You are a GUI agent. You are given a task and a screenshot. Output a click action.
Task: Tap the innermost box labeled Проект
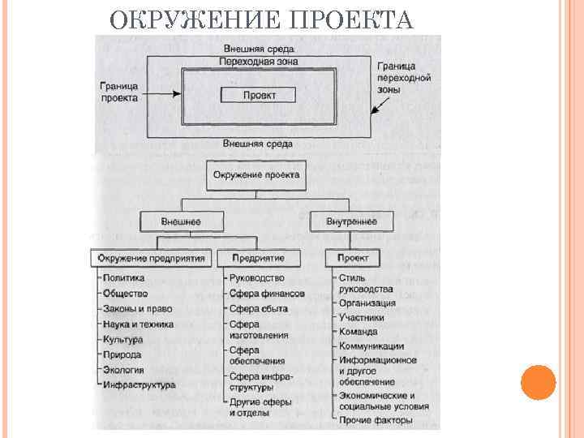pos(258,95)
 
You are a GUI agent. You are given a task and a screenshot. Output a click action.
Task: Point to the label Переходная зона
pos(258,61)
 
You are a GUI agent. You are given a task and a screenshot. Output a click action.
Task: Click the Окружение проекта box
pos(256,174)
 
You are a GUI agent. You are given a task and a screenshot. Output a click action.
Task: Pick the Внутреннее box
pos(350,220)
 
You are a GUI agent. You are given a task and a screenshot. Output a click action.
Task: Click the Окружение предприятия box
pos(152,258)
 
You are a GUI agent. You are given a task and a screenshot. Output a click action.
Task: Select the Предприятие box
pos(258,258)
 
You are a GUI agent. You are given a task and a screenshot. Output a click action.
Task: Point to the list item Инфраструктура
pos(139,385)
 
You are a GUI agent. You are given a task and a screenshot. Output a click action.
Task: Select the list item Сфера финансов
pos(266,294)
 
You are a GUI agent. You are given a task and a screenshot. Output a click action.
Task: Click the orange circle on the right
pos(538,383)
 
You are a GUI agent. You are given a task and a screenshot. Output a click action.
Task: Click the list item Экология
pos(122,370)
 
